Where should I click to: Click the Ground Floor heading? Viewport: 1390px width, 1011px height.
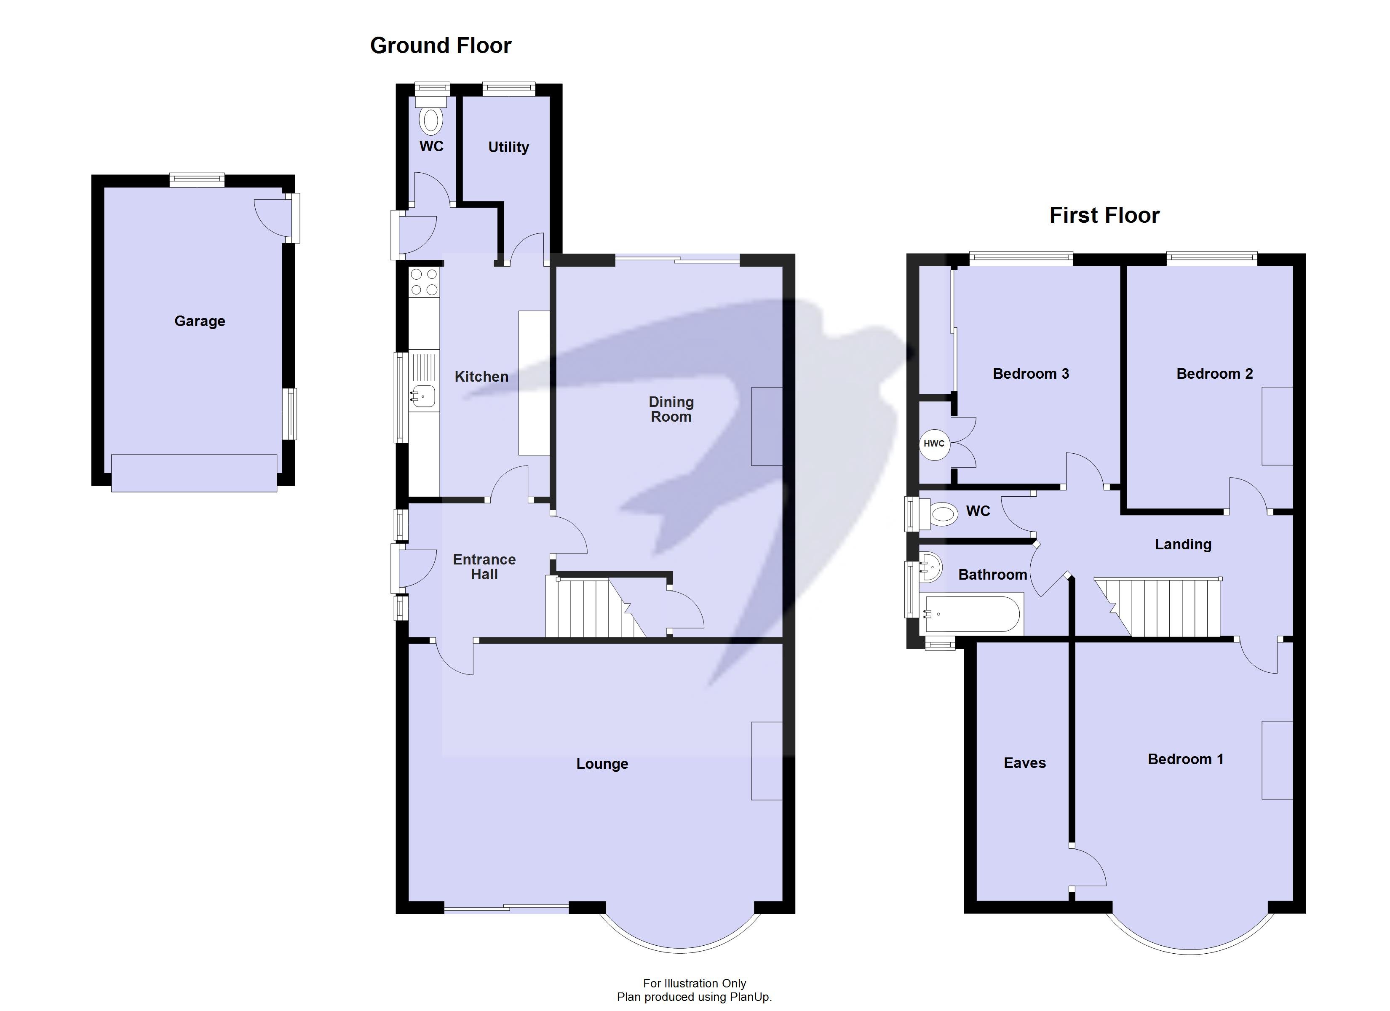440,46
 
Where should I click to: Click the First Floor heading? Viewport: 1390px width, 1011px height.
1104,216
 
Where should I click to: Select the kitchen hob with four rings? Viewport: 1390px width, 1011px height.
424,282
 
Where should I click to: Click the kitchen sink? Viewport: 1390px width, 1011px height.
423,396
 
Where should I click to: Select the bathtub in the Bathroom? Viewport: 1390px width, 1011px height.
971,614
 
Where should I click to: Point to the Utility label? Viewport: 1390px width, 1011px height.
508,147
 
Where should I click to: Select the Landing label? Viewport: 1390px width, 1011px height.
1182,544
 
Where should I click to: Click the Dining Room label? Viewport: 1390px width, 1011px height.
671,409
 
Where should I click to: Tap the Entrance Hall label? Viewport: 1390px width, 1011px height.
484,567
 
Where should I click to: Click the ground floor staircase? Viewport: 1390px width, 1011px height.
588,607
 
